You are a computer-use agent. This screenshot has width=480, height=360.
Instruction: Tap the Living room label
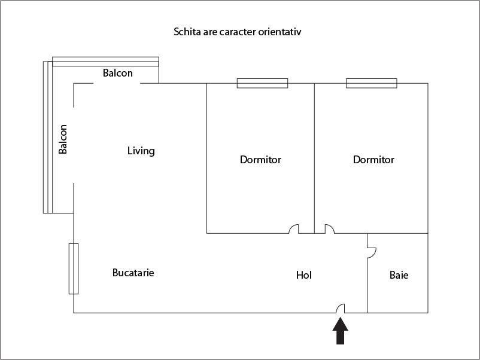141,151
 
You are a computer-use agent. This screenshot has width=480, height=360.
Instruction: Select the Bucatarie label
133,273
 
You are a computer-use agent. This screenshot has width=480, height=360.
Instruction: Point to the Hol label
304,275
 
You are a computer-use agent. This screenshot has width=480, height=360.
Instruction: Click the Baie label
399,276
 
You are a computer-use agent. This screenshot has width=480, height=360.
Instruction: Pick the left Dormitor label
260,160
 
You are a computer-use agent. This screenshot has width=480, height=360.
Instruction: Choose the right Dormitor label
373,160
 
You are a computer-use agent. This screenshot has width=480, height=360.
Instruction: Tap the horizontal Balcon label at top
118,73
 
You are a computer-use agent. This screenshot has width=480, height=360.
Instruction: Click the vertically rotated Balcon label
63,139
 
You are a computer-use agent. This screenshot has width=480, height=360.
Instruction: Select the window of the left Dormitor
262,83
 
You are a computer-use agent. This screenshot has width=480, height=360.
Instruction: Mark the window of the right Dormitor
372,83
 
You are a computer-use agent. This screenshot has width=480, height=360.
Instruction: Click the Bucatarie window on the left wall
74,269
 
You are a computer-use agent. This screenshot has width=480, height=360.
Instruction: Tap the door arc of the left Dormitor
294,228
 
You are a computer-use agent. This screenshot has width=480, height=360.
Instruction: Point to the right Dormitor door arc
329,228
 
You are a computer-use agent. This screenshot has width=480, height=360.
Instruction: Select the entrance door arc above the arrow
341,308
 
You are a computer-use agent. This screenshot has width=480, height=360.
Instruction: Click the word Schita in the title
186,31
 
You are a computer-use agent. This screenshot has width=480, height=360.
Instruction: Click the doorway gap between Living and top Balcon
117,83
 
